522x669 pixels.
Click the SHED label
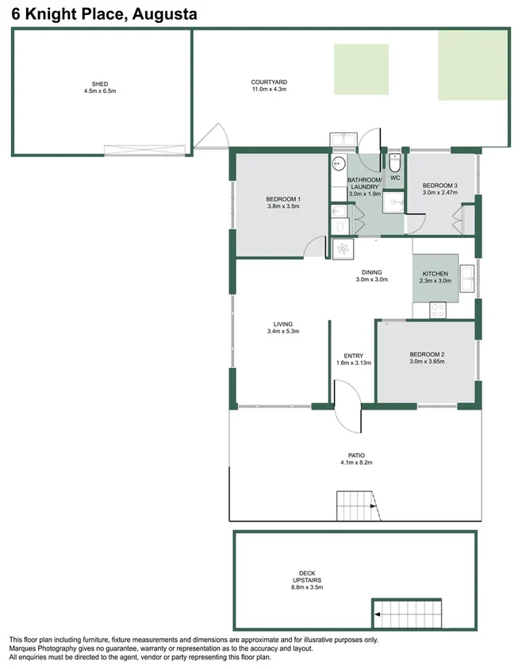(x=100, y=83)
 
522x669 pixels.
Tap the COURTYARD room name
(x=268, y=82)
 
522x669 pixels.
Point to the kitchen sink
(x=468, y=275)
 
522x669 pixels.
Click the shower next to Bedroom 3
(x=393, y=202)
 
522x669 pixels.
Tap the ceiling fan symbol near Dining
(x=343, y=248)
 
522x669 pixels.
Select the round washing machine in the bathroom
(x=337, y=164)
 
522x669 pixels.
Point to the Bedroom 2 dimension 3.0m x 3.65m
(x=427, y=361)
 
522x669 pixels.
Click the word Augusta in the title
(x=167, y=13)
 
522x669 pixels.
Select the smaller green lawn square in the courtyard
(x=361, y=71)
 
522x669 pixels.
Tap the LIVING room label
(x=283, y=324)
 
